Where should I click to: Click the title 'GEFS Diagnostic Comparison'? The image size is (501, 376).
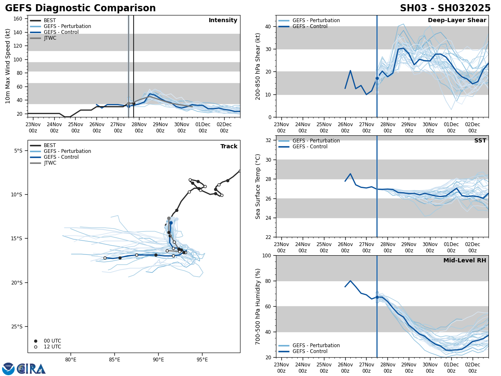coord(80,8)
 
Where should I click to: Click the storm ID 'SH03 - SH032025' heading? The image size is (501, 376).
coord(445,8)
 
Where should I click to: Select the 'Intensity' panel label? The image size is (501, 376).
coord(223,20)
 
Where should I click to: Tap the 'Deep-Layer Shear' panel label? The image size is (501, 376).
coord(457,20)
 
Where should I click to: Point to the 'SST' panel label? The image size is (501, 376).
coord(480,141)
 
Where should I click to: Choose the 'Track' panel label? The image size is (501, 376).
coord(229,147)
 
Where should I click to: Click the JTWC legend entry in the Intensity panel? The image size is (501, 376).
coord(50,38)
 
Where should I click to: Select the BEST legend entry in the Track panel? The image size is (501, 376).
coord(49,145)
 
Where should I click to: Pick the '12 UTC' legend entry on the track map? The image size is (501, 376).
coord(52,347)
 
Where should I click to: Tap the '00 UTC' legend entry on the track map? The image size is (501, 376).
coord(52,341)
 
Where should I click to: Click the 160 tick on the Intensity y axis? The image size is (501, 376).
coord(18,19)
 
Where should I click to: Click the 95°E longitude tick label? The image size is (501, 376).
coord(202,360)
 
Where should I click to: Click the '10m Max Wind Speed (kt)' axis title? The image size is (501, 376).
coord(8,66)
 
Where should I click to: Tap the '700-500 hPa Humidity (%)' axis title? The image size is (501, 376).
coord(258,306)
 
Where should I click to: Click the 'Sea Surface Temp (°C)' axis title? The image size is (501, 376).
coord(258,186)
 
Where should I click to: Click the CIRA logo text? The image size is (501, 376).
coord(31,369)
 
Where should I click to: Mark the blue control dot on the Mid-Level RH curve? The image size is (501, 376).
coord(377,297)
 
